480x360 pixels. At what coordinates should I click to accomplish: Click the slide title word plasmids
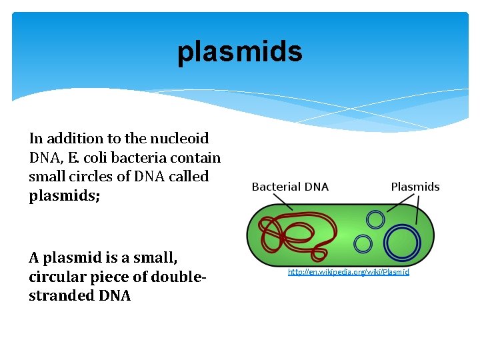point(239,53)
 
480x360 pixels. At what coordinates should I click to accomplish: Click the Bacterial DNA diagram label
point(290,187)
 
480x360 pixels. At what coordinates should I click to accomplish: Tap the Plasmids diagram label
point(415,187)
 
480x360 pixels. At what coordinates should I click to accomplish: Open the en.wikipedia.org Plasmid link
point(348,272)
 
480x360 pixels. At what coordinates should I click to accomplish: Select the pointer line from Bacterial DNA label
point(283,203)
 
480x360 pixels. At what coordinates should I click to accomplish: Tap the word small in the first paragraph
point(47,177)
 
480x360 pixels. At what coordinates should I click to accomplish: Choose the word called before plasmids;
point(189,177)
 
